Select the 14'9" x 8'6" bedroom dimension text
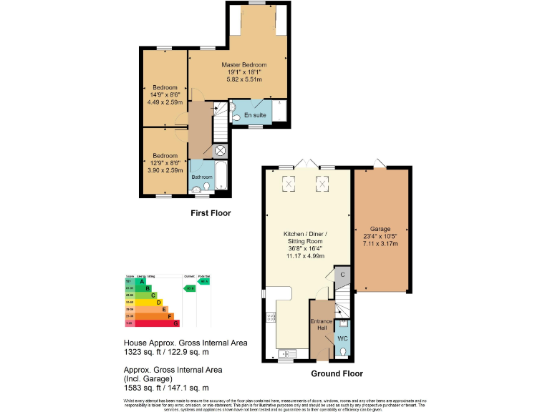(x=164, y=94)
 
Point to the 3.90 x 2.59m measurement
(x=164, y=170)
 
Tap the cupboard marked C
(x=343, y=274)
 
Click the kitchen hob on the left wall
(x=270, y=318)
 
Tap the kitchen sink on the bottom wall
(x=288, y=353)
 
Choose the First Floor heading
(x=211, y=213)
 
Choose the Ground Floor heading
(x=337, y=373)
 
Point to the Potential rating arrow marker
(x=204, y=281)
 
